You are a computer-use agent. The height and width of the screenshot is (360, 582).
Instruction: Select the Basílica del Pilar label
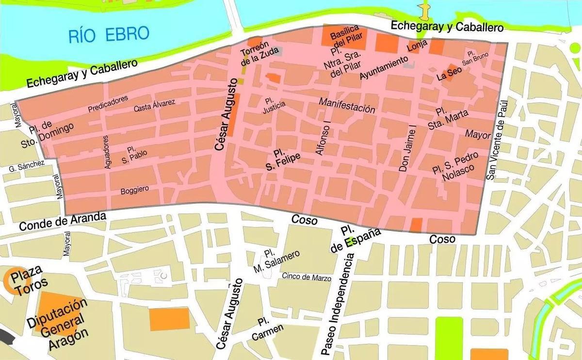coord(344,38)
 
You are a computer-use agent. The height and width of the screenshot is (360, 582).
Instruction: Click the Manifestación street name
coord(347,105)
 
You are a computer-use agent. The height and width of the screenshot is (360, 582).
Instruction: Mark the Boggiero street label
coord(135,190)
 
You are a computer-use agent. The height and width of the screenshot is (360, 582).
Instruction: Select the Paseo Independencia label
coord(339,306)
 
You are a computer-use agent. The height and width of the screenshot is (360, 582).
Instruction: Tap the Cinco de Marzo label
coord(307,278)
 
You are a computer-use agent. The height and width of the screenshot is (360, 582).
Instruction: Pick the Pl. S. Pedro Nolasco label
coord(456,166)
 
